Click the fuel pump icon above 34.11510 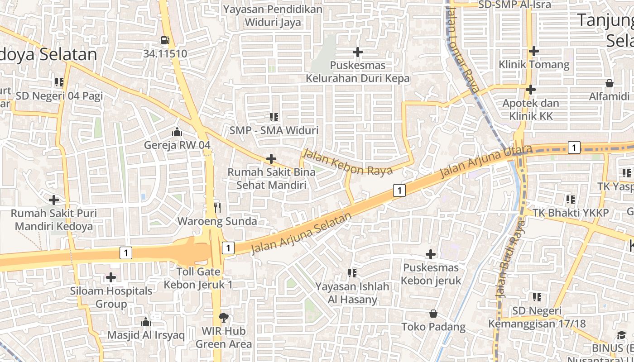165,40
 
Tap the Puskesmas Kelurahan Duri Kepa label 357,71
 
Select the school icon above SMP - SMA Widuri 274,117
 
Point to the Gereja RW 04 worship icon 177,132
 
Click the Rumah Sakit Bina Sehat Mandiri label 271,178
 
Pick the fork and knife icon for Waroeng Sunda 217,208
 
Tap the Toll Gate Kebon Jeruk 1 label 198,278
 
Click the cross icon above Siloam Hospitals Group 111,277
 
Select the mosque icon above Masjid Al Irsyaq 146,322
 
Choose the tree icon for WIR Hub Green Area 223,317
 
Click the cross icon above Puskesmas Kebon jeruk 431,254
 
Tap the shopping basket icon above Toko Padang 433,313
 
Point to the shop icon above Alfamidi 609,83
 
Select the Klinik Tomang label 534,64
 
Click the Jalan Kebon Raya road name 347,162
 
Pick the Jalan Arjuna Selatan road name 301,233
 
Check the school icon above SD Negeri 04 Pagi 59,82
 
